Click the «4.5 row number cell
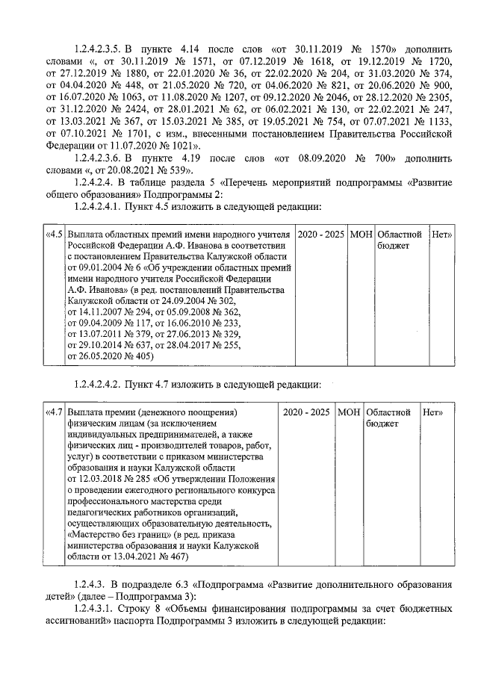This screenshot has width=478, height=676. [54, 235]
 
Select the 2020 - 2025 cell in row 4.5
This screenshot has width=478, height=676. [321, 235]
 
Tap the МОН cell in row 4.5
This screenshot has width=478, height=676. [361, 235]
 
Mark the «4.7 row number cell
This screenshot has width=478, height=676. [54, 412]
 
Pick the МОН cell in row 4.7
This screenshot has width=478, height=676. [349, 412]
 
